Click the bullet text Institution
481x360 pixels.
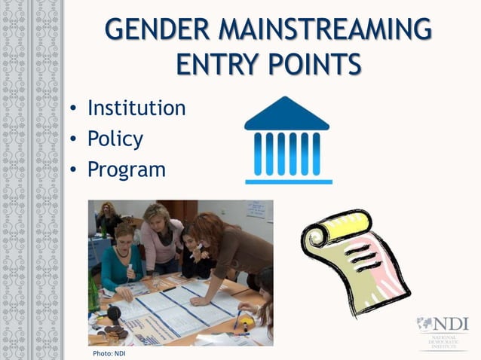pyautogui.click(x=136, y=108)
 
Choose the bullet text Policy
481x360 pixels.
pyautogui.click(x=115, y=139)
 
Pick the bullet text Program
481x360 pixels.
pyautogui.click(x=126, y=169)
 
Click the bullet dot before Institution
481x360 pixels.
pyautogui.click(x=74, y=109)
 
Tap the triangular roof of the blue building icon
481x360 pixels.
pyautogui.click(x=286, y=115)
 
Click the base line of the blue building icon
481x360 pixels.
pyautogui.click(x=288, y=182)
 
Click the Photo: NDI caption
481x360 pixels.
pyautogui.click(x=109, y=353)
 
